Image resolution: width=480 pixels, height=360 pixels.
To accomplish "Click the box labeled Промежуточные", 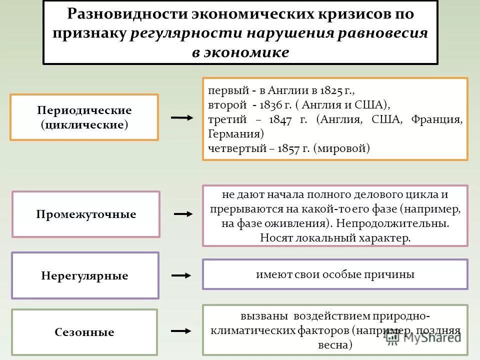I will coord(86,214).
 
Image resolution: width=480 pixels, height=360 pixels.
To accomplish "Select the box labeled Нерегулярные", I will coord(85,275).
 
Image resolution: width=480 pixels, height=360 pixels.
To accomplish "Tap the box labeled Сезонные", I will coord(84,332).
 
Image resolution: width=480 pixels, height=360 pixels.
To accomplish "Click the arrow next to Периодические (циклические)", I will coord(181,118).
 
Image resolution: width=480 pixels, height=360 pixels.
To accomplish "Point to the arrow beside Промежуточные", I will coord(183,214).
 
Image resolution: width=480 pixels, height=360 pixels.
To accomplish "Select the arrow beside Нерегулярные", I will coord(181,275).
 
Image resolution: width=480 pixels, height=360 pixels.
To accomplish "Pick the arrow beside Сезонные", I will coord(181,331).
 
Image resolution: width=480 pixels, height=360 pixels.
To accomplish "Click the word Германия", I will coord(235,134).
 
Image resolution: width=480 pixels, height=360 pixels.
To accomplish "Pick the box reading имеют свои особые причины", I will coord(335,274).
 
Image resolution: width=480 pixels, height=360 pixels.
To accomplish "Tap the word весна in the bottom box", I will coord(335,345).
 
